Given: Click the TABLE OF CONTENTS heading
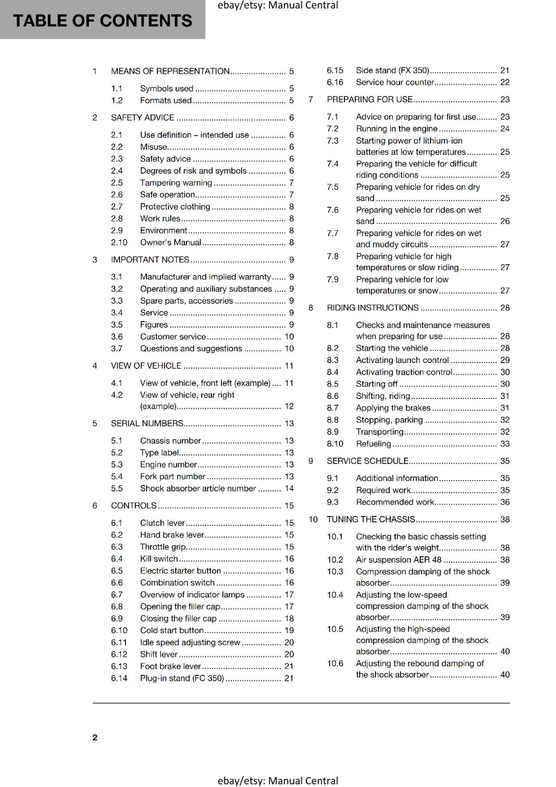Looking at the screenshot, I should pos(102,21).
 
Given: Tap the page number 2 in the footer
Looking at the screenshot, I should pos(95,737).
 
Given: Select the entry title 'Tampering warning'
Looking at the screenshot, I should pos(176,183).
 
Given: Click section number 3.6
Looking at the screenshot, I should pos(117,337).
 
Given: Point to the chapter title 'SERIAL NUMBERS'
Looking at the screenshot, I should pos(147,424).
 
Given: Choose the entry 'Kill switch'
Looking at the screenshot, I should pos(159,559).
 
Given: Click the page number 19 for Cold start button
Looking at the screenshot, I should pos(289,631).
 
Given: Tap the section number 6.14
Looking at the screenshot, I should pos(119,678).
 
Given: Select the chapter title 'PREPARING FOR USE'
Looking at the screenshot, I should pos(370,99).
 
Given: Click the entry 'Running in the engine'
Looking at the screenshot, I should pos(397,129).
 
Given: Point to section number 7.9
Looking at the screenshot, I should pos(333,279).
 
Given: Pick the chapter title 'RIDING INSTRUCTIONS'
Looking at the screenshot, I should pos(372,308).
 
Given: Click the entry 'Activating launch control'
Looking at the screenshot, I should pos(402,361).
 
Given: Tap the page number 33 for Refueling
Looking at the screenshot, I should pos(505,444).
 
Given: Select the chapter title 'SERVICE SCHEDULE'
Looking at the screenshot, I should pos(368,461).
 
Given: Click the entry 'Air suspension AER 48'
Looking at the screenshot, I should pos(399,560).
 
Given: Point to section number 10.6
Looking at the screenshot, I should pos(335,664).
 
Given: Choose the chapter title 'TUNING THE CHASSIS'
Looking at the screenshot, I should pos(371,519).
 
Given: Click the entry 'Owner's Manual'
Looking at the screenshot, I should pos(170,242).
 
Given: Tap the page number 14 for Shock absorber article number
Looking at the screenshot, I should pos(289,489).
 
